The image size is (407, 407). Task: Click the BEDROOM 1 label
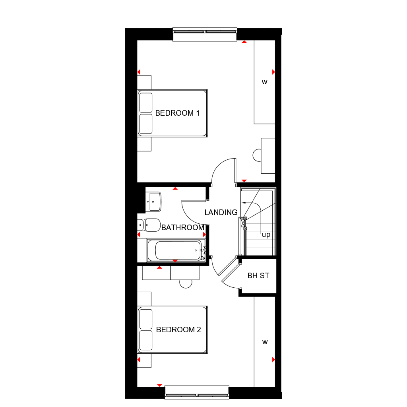click(x=177, y=113)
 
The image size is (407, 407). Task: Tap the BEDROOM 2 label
click(x=178, y=330)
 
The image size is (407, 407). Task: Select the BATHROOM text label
click(x=182, y=228)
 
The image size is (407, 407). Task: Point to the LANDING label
click(x=221, y=213)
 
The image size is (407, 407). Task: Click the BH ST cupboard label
click(x=258, y=275)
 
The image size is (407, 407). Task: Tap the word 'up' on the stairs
click(x=266, y=235)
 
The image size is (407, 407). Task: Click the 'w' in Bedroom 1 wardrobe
click(x=264, y=83)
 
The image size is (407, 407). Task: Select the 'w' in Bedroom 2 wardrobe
click(x=264, y=342)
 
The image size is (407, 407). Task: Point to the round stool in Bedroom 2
click(x=186, y=283)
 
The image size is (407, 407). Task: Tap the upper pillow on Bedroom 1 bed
click(x=146, y=103)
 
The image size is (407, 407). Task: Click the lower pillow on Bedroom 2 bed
click(x=146, y=340)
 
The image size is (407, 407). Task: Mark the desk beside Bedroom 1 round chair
click(x=268, y=156)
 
